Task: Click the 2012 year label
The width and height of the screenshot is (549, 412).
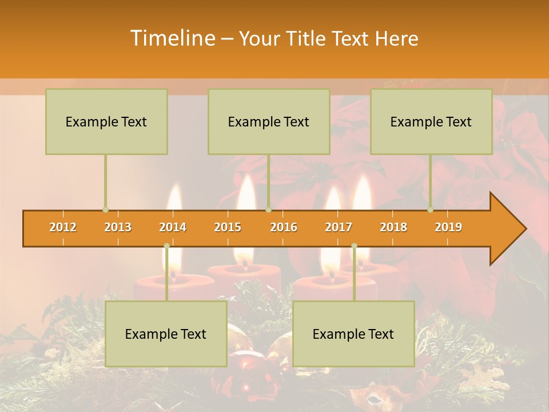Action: [63, 227]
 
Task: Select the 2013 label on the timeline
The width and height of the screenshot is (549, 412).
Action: [118, 227]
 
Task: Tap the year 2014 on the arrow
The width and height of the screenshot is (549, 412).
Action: [173, 227]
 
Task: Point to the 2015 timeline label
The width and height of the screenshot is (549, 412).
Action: [228, 227]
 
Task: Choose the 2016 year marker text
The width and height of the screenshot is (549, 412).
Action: [284, 227]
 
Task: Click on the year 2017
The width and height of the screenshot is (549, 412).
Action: [339, 227]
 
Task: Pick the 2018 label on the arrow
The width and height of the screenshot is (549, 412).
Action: [393, 227]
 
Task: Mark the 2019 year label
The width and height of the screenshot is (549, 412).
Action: [448, 227]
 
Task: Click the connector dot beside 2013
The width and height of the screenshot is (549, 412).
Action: [105, 209]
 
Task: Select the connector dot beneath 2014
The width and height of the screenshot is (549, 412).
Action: [166, 246]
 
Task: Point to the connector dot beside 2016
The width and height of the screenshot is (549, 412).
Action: [268, 209]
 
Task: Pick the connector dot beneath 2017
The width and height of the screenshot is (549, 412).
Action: [354, 246]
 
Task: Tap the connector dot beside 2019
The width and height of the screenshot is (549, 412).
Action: [431, 209]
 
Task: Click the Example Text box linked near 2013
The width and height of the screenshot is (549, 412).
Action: [106, 121]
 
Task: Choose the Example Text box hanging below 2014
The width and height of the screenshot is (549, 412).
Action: [166, 334]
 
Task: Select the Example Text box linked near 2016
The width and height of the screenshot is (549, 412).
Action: [269, 121]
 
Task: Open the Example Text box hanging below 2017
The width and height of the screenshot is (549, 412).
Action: [353, 334]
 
